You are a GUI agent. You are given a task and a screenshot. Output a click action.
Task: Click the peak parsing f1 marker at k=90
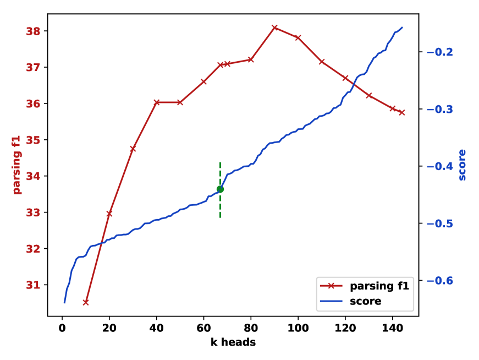pyautogui.click(x=274, y=28)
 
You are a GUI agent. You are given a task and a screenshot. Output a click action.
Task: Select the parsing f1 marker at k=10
pyautogui.click(x=86, y=302)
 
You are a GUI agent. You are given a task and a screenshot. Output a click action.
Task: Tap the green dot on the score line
pyautogui.click(x=220, y=189)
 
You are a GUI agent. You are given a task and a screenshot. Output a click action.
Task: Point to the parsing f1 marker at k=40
pyautogui.click(x=157, y=102)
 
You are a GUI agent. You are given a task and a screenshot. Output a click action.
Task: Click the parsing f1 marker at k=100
pyautogui.click(x=298, y=37)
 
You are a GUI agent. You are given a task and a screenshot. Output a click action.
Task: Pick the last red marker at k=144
pyautogui.click(x=402, y=112)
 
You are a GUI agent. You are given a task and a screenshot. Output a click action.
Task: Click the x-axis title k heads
pyautogui.click(x=233, y=342)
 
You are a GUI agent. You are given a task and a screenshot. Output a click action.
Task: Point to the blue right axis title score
pyautogui.click(x=462, y=165)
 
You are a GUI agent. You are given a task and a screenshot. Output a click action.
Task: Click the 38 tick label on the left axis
pyautogui.click(x=33, y=31)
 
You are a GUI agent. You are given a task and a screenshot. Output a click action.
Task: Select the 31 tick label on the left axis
pyautogui.click(x=33, y=285)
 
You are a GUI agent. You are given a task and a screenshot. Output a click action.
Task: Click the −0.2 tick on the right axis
pyautogui.click(x=440, y=52)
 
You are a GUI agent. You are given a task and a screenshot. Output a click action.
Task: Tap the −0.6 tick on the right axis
pyautogui.click(x=440, y=281)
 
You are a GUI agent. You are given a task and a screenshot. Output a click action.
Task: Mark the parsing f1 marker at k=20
pyautogui.click(x=109, y=213)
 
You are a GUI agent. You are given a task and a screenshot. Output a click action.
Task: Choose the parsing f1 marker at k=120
pyautogui.click(x=345, y=78)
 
